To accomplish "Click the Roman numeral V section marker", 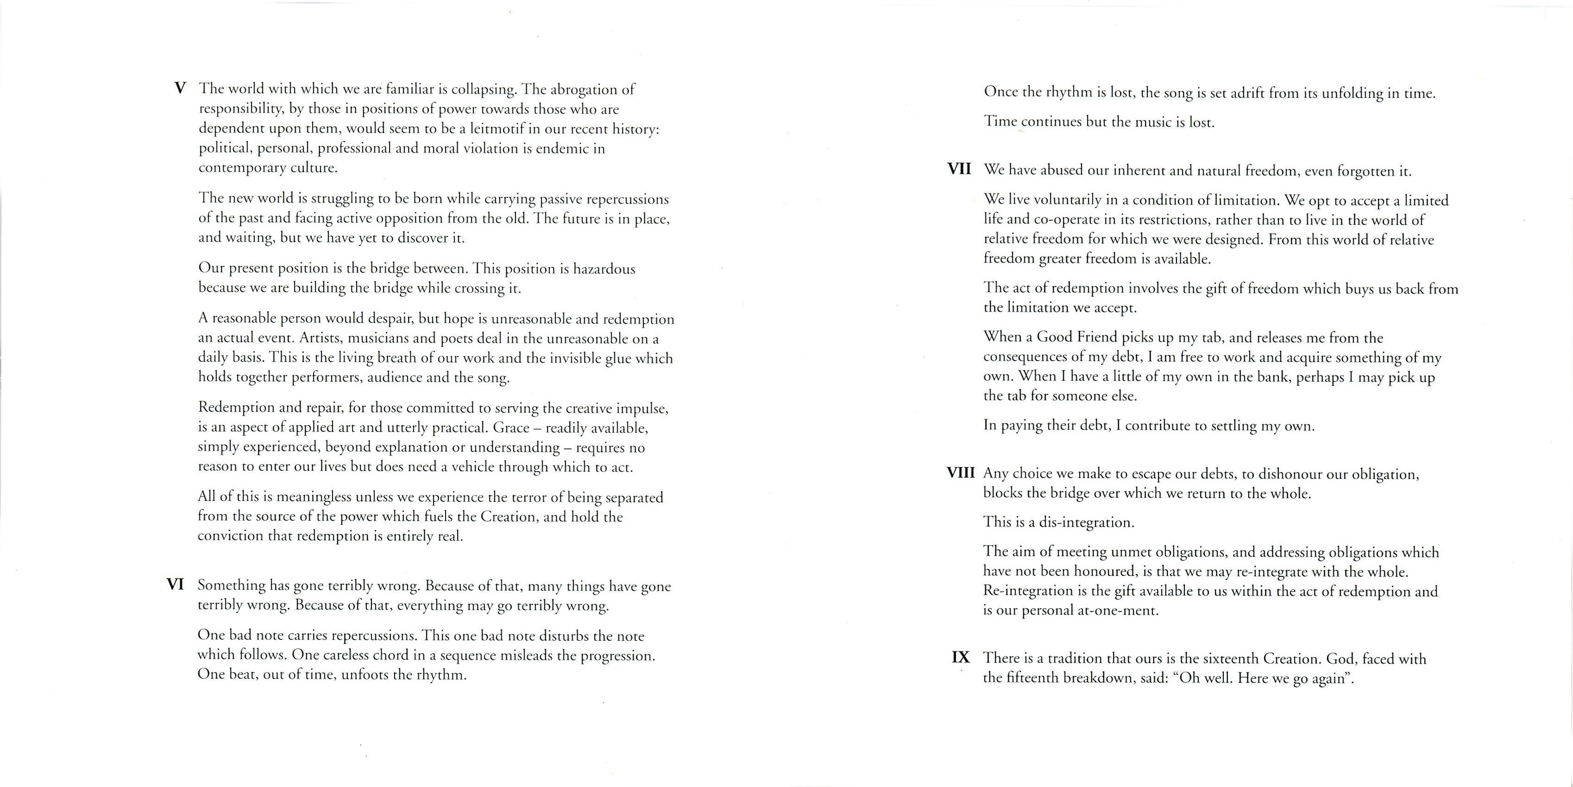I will pyautogui.click(x=180, y=88).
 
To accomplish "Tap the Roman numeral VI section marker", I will pyautogui.click(x=175, y=585).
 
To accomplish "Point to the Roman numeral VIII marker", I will pyautogui.click(x=960, y=473).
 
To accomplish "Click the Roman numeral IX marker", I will pyautogui.click(x=960, y=657).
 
